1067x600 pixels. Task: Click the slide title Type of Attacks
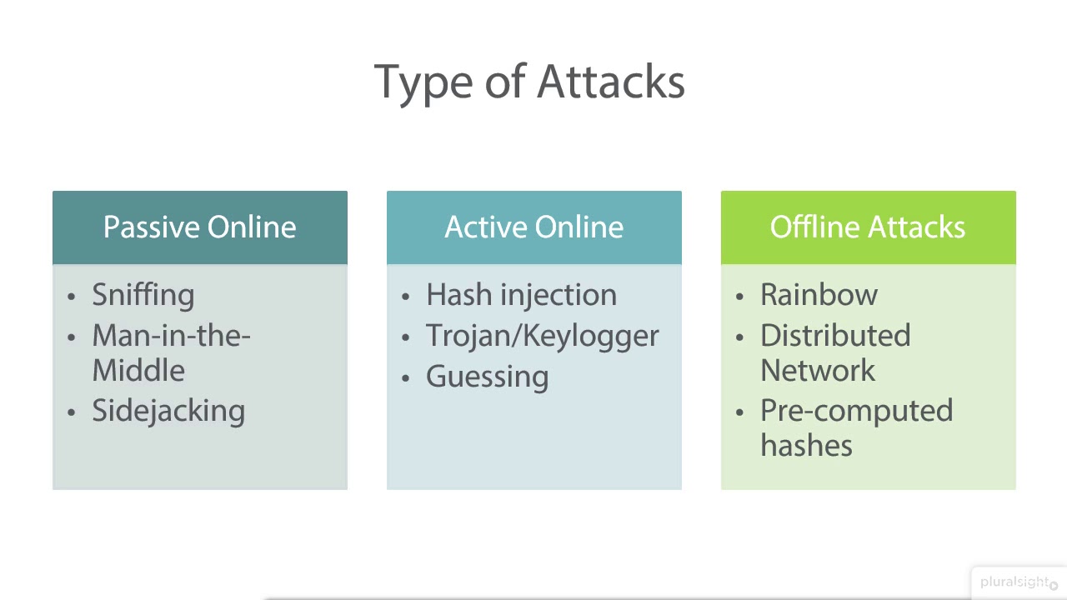[529, 82]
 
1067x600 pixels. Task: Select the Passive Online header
[199, 227]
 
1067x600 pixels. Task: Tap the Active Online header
[533, 227]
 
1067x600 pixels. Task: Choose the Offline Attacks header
[868, 227]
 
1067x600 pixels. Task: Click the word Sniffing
[143, 295]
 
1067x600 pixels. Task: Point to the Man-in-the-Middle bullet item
[171, 352]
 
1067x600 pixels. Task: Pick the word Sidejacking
[168, 411]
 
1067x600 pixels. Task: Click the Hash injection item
[521, 295]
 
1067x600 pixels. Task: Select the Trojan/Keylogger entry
[542, 336]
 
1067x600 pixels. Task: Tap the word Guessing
[487, 377]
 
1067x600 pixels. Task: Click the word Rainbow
[819, 295]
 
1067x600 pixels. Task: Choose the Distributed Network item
[834, 352]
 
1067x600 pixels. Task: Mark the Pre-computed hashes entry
[856, 427]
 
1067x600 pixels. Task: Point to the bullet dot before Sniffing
[72, 297]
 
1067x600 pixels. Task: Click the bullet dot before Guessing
[406, 378]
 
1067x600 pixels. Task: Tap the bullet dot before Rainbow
[740, 297]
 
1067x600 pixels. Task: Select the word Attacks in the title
[610, 82]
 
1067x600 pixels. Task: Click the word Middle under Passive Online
[138, 371]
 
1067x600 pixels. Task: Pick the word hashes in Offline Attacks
[806, 446]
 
